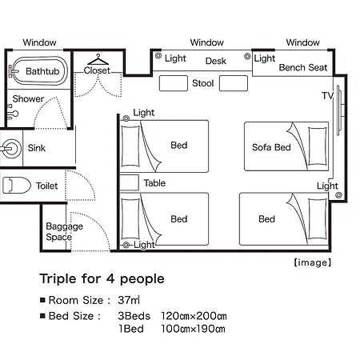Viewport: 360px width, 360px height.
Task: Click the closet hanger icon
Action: [98, 59]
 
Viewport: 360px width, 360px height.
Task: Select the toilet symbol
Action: [17, 185]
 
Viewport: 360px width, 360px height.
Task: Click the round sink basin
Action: [11, 149]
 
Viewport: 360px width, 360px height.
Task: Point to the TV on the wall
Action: [339, 110]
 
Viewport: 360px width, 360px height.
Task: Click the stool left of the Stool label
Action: [174, 83]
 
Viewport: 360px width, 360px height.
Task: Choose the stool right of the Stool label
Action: [234, 83]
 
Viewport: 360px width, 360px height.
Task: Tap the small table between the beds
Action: [129, 182]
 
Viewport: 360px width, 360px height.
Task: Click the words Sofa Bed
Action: [271, 147]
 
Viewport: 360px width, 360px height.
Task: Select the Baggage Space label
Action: [64, 231]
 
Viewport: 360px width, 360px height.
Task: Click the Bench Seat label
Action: [303, 67]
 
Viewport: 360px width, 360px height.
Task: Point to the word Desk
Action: [216, 61]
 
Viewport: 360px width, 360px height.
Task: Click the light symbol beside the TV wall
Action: [338, 195]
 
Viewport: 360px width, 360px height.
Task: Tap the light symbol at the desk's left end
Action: [158, 55]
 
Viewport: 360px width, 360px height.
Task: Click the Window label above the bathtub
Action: [39, 42]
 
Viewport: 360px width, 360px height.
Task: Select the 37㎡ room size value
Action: [129, 300]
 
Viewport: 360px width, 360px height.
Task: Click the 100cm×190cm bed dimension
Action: [193, 329]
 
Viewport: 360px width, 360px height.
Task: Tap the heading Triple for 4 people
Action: [102, 279]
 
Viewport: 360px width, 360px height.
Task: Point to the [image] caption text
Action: [313, 262]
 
